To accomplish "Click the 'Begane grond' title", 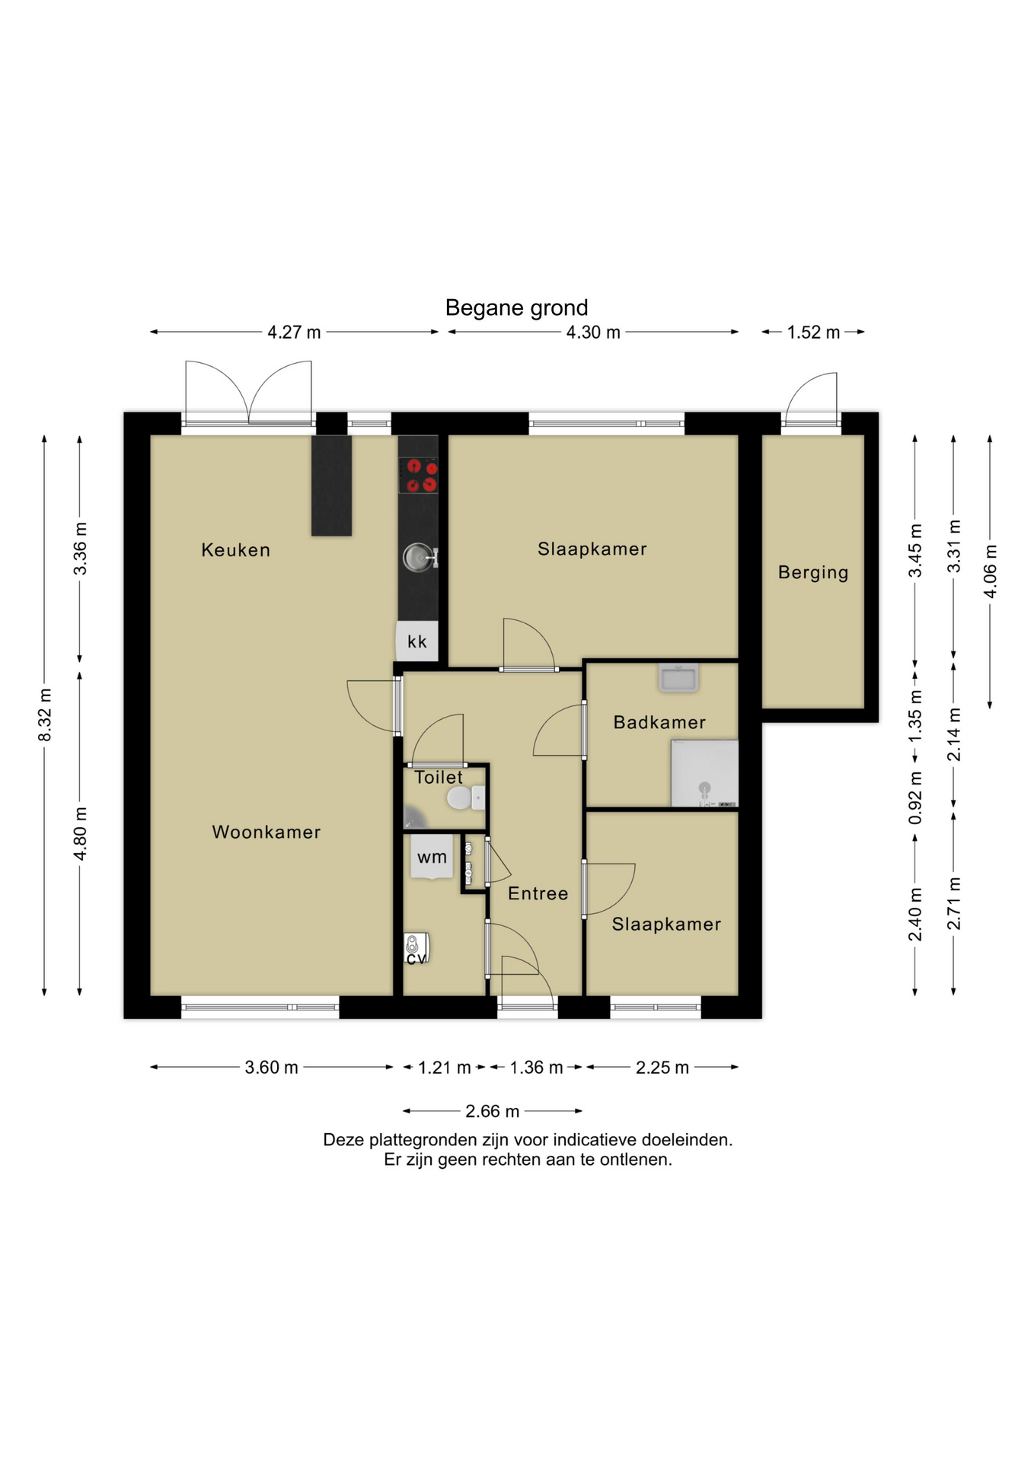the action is [x=516, y=307].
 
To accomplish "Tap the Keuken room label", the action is [x=235, y=550].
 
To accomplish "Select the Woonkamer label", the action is [x=266, y=832].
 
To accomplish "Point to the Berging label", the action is [x=813, y=573].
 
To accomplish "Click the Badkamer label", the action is [x=659, y=722].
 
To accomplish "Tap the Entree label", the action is [x=538, y=893].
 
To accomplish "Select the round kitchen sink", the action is [x=418, y=557].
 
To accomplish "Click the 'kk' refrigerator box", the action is [x=416, y=641].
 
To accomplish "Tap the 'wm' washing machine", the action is [x=432, y=857].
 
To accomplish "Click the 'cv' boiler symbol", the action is [x=416, y=949].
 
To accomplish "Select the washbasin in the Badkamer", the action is [x=678, y=678].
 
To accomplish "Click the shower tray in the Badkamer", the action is [x=704, y=773].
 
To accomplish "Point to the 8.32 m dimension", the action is [x=45, y=715].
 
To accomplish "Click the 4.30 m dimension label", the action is [x=593, y=333].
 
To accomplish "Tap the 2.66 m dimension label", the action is [x=493, y=1112].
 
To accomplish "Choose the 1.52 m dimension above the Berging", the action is [x=813, y=333].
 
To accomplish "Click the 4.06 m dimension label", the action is [x=991, y=571].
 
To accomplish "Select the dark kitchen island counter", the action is [x=331, y=485].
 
